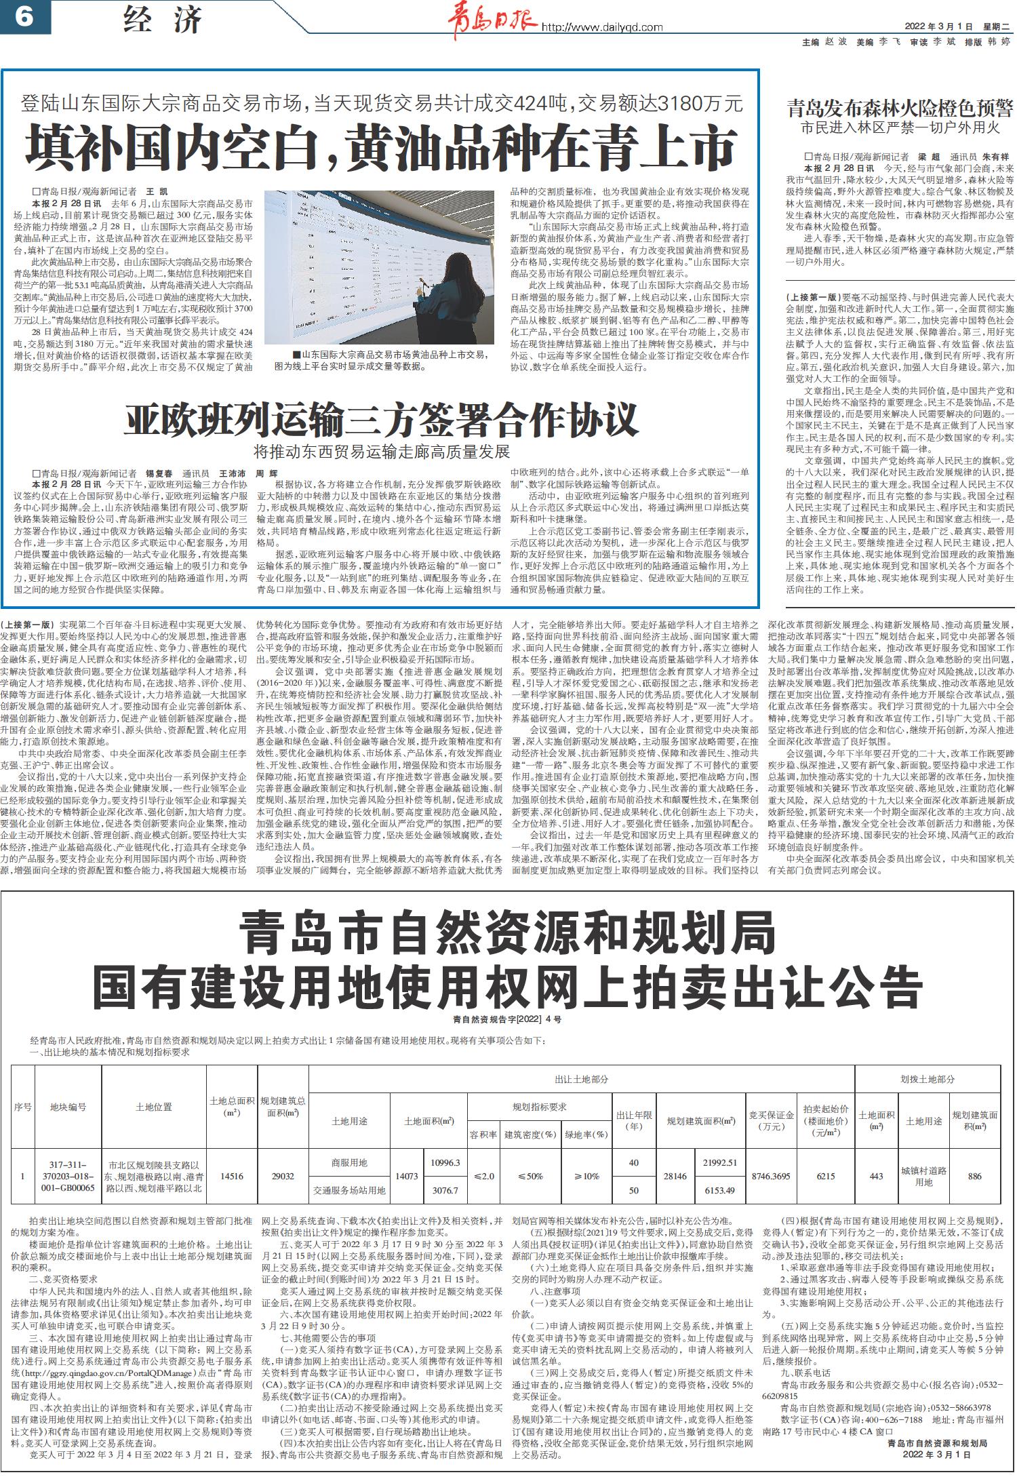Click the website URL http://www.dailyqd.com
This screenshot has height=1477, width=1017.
(x=601, y=28)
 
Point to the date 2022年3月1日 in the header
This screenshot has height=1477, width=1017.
(x=938, y=27)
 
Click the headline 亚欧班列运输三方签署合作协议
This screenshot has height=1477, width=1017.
(x=382, y=420)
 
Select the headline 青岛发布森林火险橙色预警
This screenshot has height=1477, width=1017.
(x=899, y=108)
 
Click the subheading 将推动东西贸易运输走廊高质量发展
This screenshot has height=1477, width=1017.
(x=382, y=451)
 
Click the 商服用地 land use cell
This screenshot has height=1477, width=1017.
(x=349, y=1162)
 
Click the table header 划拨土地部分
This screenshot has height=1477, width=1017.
(x=928, y=1078)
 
